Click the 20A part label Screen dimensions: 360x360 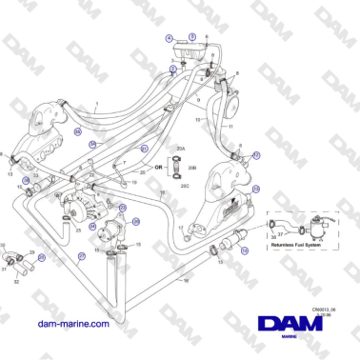180,150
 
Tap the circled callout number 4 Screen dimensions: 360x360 169,38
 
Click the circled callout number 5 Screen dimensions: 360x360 191,35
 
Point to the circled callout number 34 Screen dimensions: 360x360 92,144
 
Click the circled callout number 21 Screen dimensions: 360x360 144,149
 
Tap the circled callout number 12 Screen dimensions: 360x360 256,153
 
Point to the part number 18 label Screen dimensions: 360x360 185,282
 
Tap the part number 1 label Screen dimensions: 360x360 96,103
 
